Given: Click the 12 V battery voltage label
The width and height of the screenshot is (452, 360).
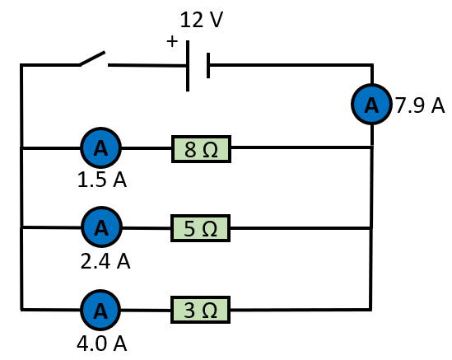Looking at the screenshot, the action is coord(202,20).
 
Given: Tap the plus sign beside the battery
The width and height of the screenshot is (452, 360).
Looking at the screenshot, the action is coord(172,41).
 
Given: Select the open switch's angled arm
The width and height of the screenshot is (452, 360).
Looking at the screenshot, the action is coord(92,58).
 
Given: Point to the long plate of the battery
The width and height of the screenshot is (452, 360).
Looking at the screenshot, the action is coord(188,66).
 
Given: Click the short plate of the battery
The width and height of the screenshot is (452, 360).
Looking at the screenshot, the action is coord(208,65).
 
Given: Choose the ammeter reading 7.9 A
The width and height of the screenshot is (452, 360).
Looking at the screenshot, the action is coord(371,104).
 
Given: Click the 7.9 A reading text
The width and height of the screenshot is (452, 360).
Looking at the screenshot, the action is coord(420,105).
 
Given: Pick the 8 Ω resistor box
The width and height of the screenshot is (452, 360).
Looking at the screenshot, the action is coord(201,149).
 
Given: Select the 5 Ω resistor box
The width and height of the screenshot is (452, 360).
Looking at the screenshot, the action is coord(201,228).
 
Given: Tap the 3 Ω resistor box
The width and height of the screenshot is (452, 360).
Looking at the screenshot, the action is coord(201,310).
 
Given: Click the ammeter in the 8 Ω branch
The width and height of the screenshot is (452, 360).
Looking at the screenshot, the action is coord(100,147).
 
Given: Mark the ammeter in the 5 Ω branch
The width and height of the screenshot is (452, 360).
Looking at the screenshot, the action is coord(101,227).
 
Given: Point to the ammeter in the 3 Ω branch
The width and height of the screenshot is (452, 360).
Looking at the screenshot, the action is coord(100,310).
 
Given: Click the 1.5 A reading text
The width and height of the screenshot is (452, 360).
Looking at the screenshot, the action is coord(102,180).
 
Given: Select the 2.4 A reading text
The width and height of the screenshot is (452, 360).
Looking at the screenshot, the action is coord(105,261).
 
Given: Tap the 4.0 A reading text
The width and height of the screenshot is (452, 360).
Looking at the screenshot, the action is coord(102,344).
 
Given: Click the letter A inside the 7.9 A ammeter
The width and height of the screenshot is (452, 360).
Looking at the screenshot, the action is coord(371,105).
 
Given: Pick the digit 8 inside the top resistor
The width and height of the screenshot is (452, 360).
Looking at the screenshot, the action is coord(190,149).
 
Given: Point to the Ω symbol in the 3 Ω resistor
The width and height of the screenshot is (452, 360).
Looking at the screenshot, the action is coord(210,311).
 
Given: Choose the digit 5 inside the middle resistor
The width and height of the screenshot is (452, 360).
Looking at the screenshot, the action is coord(189,229).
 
